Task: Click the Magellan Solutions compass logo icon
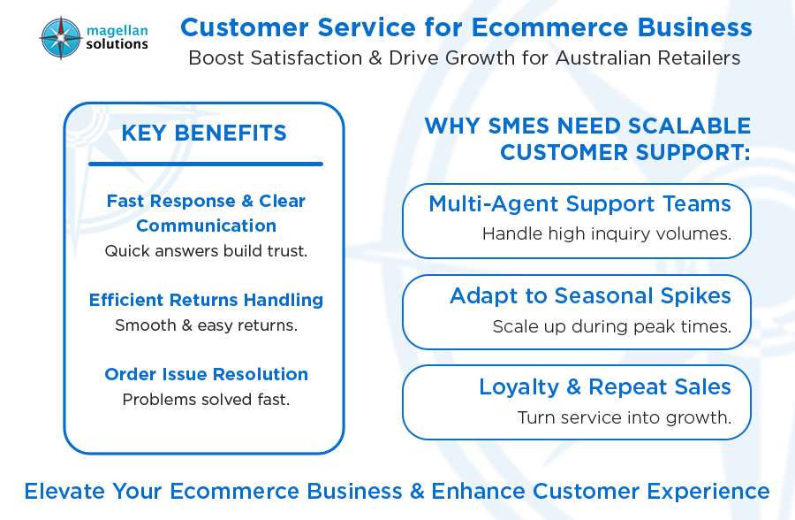tap(60, 37)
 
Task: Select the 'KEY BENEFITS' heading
tap(204, 134)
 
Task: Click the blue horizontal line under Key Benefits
tap(205, 164)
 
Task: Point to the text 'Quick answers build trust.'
tap(206, 251)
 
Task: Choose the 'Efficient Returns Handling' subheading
tap(206, 300)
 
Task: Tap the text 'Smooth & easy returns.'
tap(206, 325)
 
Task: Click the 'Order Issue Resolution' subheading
tap(206, 374)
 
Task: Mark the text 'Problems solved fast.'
tap(206, 400)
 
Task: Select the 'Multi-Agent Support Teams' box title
tap(579, 204)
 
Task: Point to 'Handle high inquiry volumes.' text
tap(606, 234)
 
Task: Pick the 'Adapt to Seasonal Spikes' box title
tap(590, 295)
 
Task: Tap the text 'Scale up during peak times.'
tap(611, 326)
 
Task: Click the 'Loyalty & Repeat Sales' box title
tap(605, 386)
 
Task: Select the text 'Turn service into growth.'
tap(624, 417)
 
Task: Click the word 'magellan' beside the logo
tap(117, 29)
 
